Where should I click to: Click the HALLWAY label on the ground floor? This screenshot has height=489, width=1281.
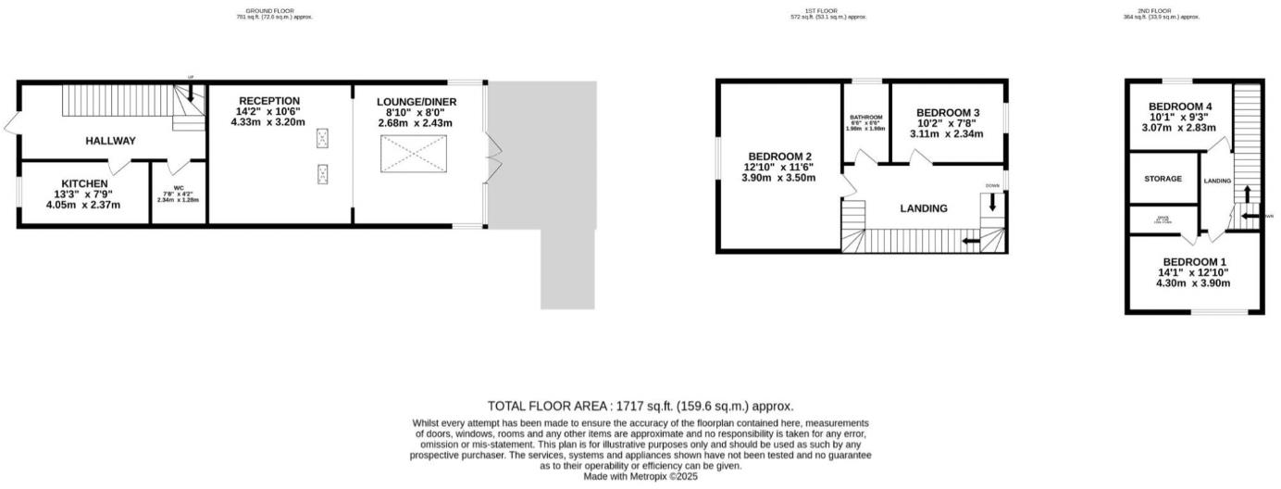110,141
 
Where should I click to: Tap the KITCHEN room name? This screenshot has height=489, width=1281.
85,183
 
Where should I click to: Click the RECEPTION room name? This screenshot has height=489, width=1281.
268,101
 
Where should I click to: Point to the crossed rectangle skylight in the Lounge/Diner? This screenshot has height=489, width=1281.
414,154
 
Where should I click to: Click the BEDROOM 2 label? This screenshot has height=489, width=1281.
780,156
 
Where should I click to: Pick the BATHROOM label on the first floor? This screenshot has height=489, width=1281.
866,118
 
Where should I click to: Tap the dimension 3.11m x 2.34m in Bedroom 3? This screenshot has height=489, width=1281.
949,134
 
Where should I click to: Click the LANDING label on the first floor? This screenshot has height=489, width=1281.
924,208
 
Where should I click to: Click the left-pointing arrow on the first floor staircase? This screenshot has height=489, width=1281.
971,242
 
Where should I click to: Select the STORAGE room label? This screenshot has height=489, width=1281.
1163,179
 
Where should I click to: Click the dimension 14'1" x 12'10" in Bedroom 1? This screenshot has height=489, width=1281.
1196,272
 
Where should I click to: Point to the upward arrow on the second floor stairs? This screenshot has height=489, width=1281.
1246,193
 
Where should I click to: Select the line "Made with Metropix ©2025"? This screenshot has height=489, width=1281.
640,476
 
